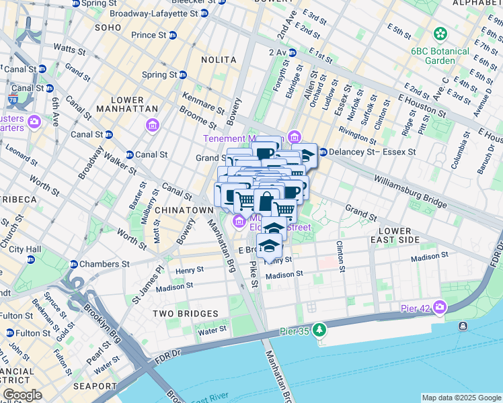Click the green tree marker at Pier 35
click(319, 330)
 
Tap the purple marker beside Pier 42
click(440, 308)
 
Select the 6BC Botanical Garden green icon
click(440, 33)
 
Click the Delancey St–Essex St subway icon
click(323, 152)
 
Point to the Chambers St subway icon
click(73, 264)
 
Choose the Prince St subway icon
click(173, 35)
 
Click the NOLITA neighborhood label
click(219, 60)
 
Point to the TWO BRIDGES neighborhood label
click(185, 314)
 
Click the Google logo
click(22, 395)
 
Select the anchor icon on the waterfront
click(463, 326)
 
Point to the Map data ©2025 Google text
click(461, 398)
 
